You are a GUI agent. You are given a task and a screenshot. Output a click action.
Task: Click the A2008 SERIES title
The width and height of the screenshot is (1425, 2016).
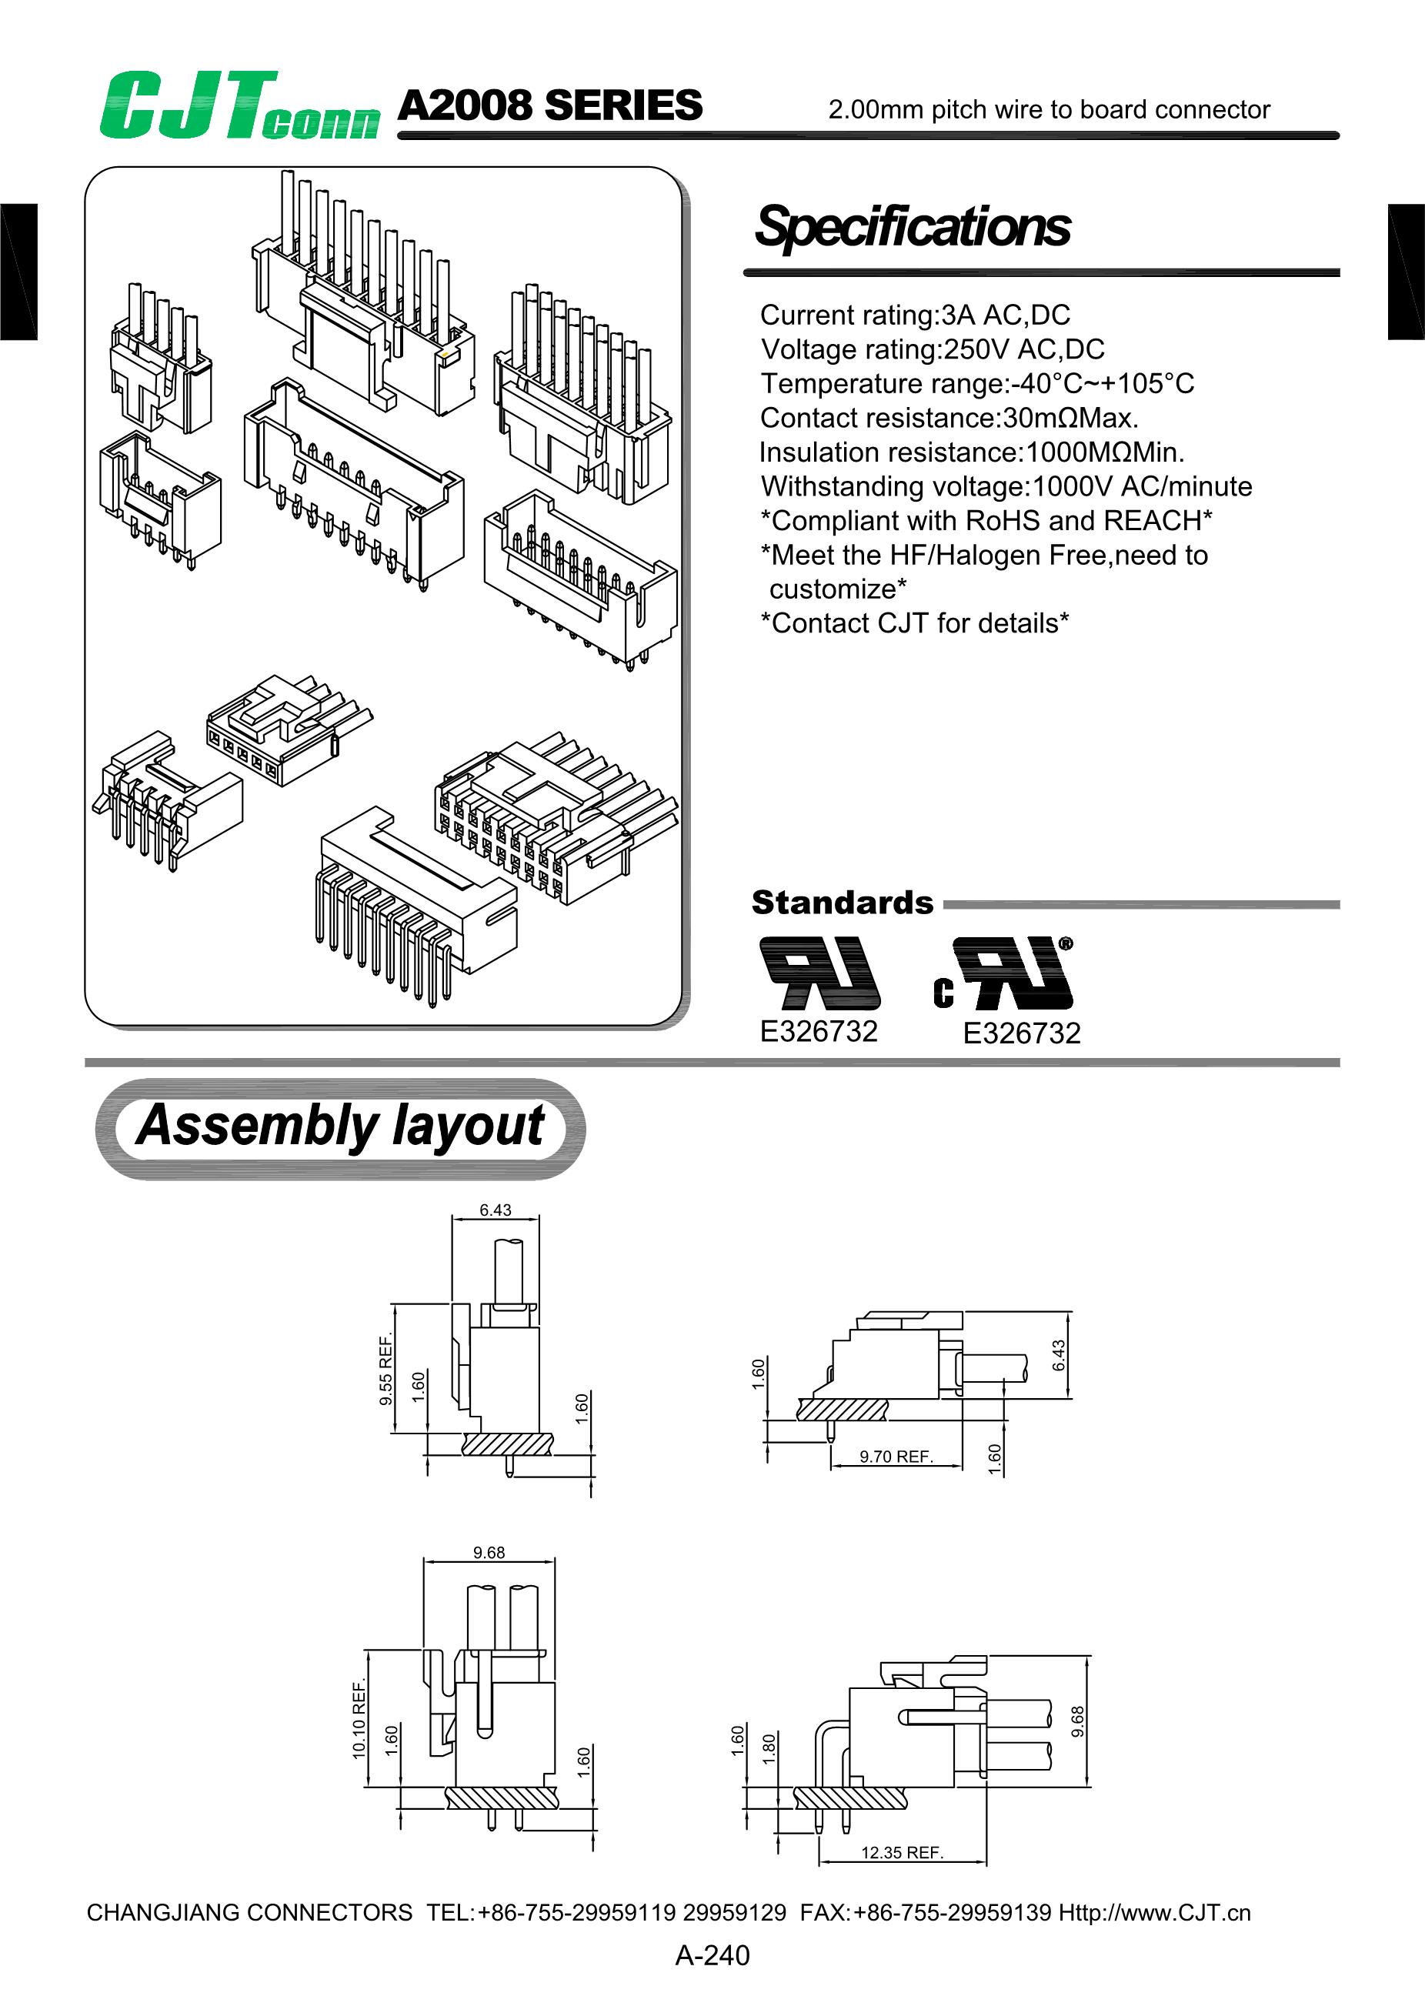tap(549, 105)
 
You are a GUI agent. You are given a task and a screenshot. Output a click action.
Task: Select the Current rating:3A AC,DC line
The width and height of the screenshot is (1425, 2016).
tap(915, 315)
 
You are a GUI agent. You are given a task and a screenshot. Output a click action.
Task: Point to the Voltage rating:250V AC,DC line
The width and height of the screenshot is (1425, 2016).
tap(933, 349)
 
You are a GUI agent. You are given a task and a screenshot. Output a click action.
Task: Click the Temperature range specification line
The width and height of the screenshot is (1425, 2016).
tap(977, 383)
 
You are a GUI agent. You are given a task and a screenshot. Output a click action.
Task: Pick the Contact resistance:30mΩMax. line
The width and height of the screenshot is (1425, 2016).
tap(948, 417)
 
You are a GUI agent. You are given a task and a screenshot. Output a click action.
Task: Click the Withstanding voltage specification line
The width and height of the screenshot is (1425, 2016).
tap(1006, 486)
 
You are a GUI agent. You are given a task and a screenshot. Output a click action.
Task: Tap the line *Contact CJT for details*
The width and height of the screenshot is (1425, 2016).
tap(914, 622)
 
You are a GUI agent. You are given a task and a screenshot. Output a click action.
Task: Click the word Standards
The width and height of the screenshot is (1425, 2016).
tap(842, 903)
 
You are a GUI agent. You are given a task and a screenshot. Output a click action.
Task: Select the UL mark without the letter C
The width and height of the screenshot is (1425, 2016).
tap(820, 973)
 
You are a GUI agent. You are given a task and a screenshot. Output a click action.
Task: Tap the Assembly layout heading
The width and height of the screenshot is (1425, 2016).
tap(340, 1126)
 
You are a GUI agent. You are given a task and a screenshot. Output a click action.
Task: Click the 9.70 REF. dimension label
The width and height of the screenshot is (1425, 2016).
tap(896, 1457)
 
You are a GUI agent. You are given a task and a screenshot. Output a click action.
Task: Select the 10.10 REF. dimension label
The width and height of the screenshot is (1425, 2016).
tap(359, 1718)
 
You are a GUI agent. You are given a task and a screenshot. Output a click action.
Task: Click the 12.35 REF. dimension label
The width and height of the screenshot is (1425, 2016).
tap(902, 1853)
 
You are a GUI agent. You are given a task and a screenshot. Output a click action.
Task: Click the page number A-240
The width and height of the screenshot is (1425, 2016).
tap(712, 1955)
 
